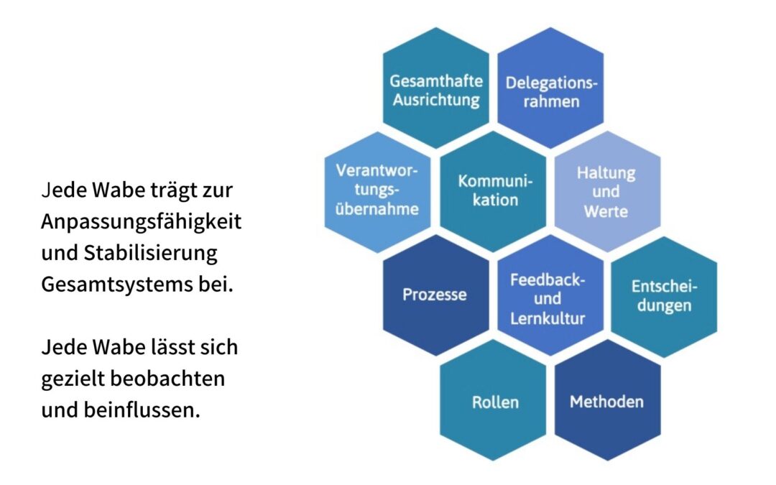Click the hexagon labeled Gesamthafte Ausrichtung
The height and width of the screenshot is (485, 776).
[436, 88]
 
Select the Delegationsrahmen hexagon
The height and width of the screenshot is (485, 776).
[550, 88]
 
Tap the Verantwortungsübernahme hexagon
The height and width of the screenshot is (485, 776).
[378, 192]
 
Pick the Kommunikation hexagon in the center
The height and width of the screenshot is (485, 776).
[493, 192]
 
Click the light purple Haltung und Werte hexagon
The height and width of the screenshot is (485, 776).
[607, 192]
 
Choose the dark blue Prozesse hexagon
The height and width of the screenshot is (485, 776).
[436, 295]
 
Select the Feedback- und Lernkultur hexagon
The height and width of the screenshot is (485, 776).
[550, 295]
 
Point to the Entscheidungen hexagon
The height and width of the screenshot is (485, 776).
[664, 297]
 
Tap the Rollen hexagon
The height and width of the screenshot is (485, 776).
[493, 400]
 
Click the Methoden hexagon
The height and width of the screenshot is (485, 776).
[607, 400]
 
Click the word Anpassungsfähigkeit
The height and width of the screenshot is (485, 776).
[141, 222]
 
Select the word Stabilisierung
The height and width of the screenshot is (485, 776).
[150, 254]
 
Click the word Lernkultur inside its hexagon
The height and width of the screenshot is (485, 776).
[548, 318]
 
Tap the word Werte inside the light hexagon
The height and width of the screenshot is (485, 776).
[606, 211]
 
